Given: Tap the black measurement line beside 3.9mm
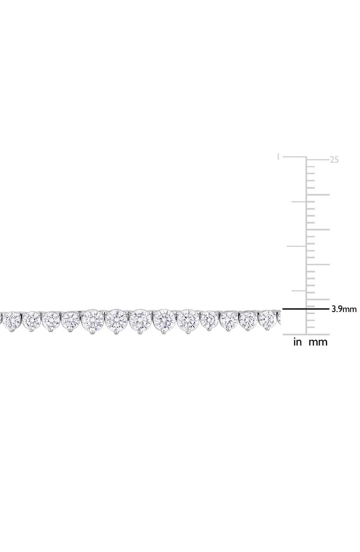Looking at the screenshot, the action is pos(306,309).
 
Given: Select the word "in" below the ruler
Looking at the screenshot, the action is pos(297,342).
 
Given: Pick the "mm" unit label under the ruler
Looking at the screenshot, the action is pos(318,342).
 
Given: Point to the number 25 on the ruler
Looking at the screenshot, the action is pos(334,160).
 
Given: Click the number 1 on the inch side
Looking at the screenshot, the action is pos(278,156).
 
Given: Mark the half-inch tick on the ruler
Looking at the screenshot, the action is pos(297,246).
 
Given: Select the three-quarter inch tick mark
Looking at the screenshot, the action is pos(299,202).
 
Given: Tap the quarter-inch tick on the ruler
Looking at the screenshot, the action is pos(299,291).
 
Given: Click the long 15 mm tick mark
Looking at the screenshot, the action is pos(318,229).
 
